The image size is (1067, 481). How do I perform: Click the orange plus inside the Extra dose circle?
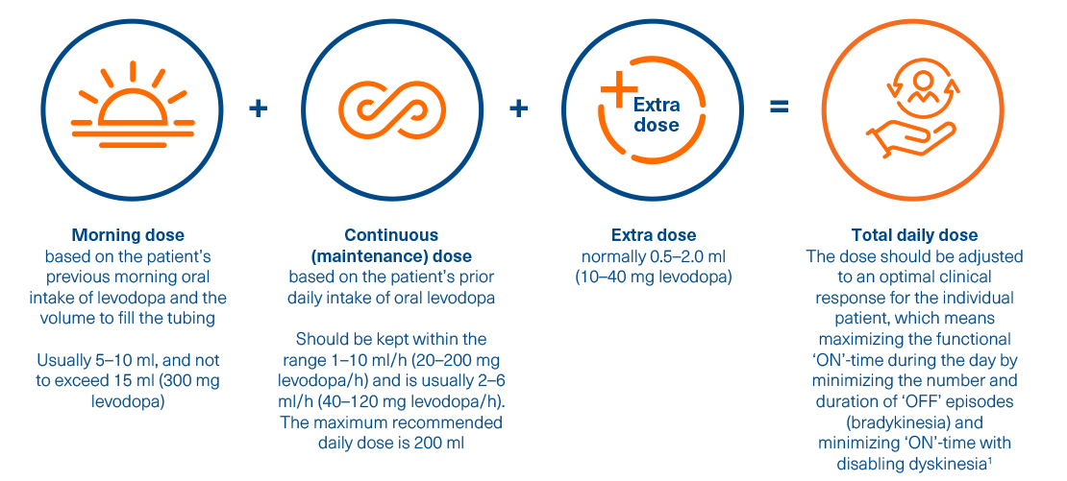(618, 88)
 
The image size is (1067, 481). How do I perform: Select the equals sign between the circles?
(779, 108)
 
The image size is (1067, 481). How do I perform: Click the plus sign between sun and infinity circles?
(258, 108)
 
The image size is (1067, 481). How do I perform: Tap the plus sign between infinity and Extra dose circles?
(518, 108)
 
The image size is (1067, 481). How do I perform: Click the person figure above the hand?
(924, 87)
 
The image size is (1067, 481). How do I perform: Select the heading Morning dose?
(128, 236)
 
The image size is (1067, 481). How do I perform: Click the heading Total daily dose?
(914, 236)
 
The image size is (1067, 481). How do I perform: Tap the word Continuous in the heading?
(391, 236)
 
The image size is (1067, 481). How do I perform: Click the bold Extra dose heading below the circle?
(654, 236)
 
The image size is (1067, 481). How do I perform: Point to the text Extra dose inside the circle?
(657, 115)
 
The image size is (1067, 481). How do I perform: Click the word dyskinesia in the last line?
(944, 465)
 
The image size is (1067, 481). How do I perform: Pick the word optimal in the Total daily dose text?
(887, 277)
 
